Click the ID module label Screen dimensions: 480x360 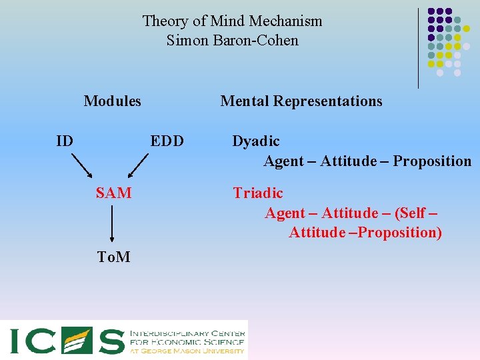65,141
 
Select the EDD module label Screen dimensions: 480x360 167,141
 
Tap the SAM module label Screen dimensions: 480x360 113,193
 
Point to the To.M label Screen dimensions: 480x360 113,257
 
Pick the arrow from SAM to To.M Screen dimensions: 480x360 112,224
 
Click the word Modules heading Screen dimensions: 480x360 112,101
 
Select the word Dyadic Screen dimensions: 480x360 256,141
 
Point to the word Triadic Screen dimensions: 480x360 257,193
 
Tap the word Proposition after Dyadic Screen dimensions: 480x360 432,161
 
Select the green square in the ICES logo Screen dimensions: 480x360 75,340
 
